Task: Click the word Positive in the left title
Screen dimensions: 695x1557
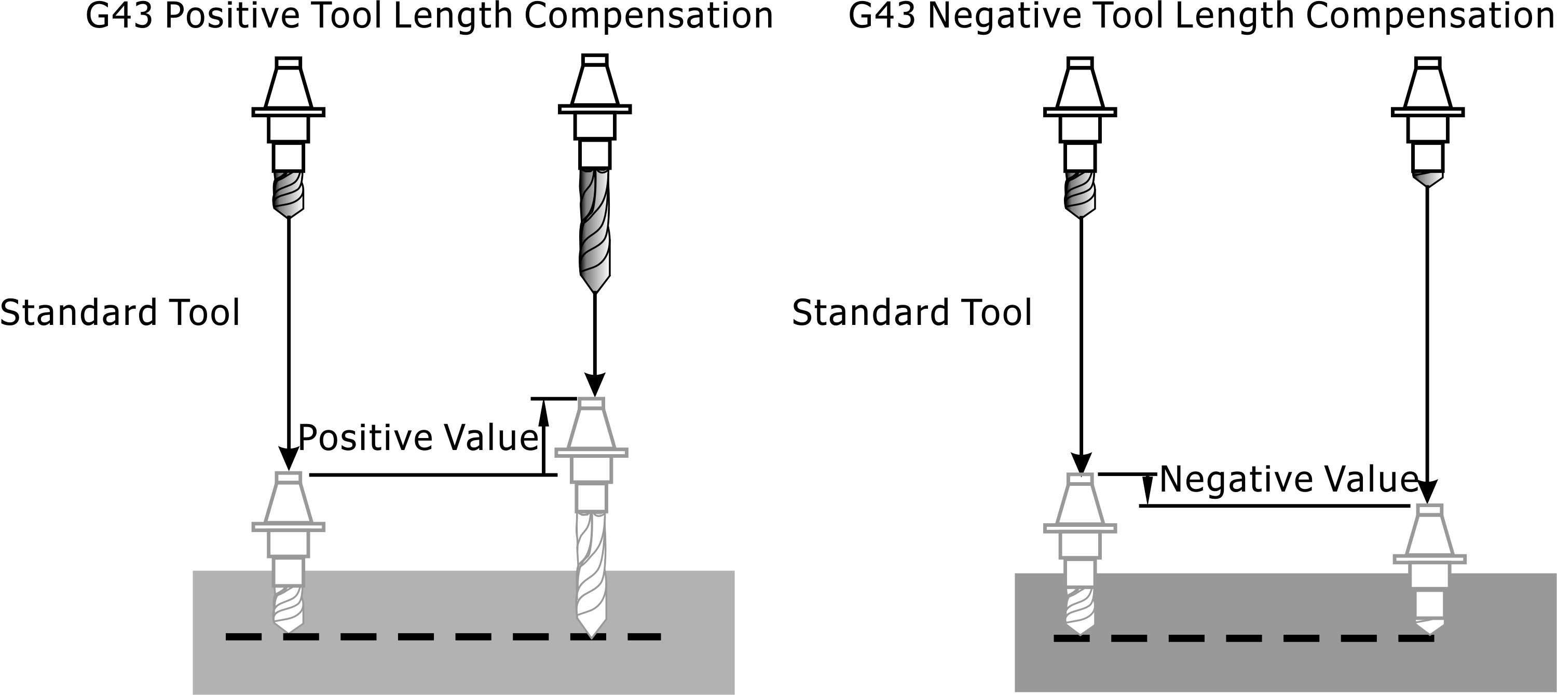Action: click(232, 16)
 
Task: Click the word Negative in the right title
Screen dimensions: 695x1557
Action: click(1004, 16)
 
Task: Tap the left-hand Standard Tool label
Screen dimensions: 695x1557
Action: click(120, 313)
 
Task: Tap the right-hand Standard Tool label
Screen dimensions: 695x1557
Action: click(911, 313)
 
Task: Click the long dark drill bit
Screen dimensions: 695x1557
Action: click(595, 229)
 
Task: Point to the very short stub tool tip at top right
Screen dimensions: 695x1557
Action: click(1428, 180)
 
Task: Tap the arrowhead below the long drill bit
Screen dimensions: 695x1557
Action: click(595, 385)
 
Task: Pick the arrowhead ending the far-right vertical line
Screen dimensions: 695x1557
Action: click(1428, 492)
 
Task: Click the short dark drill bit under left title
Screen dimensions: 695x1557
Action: click(289, 194)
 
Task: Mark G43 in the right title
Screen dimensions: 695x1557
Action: click(882, 16)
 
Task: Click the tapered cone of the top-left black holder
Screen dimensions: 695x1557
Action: click(289, 88)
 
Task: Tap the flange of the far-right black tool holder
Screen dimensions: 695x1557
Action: click(1428, 112)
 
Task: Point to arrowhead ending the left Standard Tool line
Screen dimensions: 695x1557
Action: click(289, 459)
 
